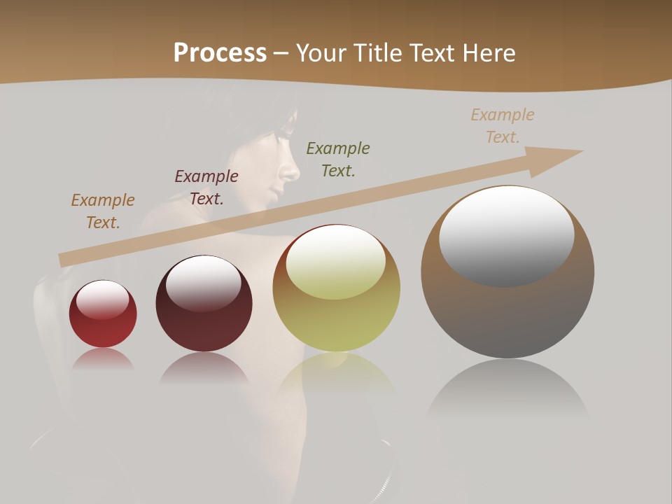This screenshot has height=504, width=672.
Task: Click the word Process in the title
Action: click(220, 53)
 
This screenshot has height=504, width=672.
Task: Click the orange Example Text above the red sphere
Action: click(103, 211)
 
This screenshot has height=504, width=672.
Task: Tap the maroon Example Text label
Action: click(206, 188)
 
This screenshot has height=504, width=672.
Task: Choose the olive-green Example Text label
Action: click(338, 159)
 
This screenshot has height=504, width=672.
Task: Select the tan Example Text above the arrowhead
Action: click(503, 126)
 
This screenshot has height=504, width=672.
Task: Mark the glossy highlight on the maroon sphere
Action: click(204, 283)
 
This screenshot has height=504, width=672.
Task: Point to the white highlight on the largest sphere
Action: click(507, 234)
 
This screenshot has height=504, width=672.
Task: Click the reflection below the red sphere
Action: click(103, 360)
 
